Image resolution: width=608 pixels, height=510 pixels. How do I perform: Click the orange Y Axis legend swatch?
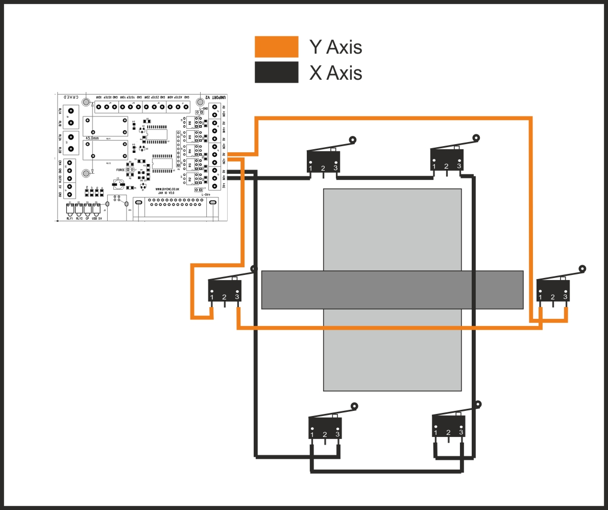276,47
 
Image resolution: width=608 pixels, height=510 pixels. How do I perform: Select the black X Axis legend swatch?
276,72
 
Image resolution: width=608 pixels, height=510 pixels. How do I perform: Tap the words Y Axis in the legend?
335,47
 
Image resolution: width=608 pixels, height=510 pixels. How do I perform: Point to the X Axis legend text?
335,73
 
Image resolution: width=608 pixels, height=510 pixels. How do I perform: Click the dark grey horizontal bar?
392,290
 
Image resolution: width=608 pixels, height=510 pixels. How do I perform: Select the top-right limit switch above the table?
447,159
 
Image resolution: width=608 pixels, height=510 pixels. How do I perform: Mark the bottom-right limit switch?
449,426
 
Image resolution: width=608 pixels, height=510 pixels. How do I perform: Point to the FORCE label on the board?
120,169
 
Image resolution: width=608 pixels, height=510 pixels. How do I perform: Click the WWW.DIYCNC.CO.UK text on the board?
166,189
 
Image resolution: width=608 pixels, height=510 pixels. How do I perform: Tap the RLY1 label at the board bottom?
70,218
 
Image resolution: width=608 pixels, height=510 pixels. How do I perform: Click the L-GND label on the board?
204,108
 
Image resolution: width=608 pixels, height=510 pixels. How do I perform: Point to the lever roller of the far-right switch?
582,268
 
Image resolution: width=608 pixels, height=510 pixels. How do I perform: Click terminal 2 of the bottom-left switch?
325,435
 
